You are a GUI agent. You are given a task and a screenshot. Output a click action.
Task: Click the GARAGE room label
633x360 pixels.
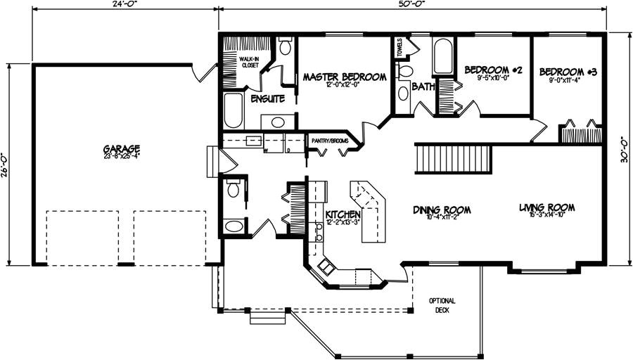(122, 150)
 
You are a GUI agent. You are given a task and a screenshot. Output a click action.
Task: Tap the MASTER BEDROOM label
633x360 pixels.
(345, 77)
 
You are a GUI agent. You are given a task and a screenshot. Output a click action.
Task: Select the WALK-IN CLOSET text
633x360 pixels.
(250, 62)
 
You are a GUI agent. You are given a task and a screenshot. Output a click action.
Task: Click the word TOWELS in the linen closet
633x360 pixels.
(399, 48)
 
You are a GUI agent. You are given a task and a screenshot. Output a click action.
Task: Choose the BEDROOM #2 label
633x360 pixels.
(493, 70)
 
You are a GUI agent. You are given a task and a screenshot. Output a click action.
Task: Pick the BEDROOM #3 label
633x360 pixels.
(568, 72)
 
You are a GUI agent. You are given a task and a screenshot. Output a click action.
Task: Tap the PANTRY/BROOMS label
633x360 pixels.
(331, 141)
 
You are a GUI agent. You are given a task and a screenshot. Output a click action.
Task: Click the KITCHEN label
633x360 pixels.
(343, 214)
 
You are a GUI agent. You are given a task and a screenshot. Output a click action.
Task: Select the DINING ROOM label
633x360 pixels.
(442, 210)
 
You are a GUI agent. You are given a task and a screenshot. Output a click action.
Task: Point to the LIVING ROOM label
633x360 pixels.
(547, 207)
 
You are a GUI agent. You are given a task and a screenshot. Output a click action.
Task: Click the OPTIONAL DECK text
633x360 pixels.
(443, 305)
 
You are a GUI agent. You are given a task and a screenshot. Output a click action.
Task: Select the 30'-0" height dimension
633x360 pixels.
(625, 149)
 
